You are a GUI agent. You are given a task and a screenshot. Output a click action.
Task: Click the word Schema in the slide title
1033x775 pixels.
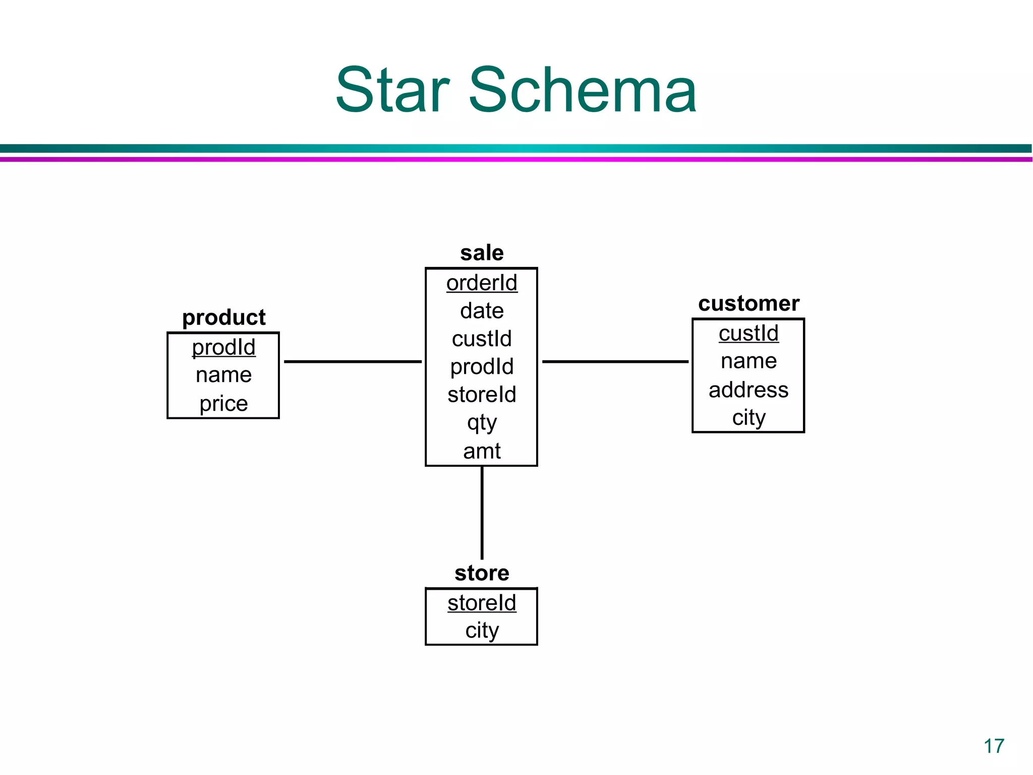(x=583, y=91)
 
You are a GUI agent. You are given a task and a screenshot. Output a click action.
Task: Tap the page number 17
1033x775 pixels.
(x=994, y=746)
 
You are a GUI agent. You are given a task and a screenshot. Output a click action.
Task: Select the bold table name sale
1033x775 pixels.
(x=482, y=253)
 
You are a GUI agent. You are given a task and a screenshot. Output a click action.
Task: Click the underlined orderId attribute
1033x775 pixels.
(x=482, y=283)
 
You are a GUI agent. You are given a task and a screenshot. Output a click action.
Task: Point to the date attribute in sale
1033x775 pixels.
(x=482, y=311)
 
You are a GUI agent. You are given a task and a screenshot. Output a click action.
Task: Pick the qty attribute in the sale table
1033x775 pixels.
(x=482, y=423)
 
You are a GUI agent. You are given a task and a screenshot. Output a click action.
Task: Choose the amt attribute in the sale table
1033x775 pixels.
(x=482, y=451)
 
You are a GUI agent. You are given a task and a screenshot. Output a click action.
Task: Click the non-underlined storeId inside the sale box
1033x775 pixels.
(x=482, y=395)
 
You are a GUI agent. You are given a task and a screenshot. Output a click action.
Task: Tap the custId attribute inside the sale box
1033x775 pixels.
(x=482, y=339)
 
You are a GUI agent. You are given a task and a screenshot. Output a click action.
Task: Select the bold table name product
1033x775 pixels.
(x=223, y=317)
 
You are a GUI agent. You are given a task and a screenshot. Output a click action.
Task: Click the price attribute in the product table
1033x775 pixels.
(x=223, y=404)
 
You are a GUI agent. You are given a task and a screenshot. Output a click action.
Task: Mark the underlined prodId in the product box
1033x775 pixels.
(x=223, y=347)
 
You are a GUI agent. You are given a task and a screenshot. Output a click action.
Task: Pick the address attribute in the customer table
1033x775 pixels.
(x=749, y=390)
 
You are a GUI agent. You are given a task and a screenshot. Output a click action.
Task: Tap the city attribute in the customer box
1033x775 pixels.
(x=749, y=418)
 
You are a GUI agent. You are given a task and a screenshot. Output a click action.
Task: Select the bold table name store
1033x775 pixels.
(x=482, y=573)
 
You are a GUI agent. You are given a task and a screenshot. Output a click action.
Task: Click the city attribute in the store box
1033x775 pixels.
(x=482, y=630)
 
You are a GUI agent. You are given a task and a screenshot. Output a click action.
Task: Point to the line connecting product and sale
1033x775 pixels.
(x=353, y=362)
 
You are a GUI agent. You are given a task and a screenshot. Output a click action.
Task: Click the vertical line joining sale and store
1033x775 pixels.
(x=482, y=512)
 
